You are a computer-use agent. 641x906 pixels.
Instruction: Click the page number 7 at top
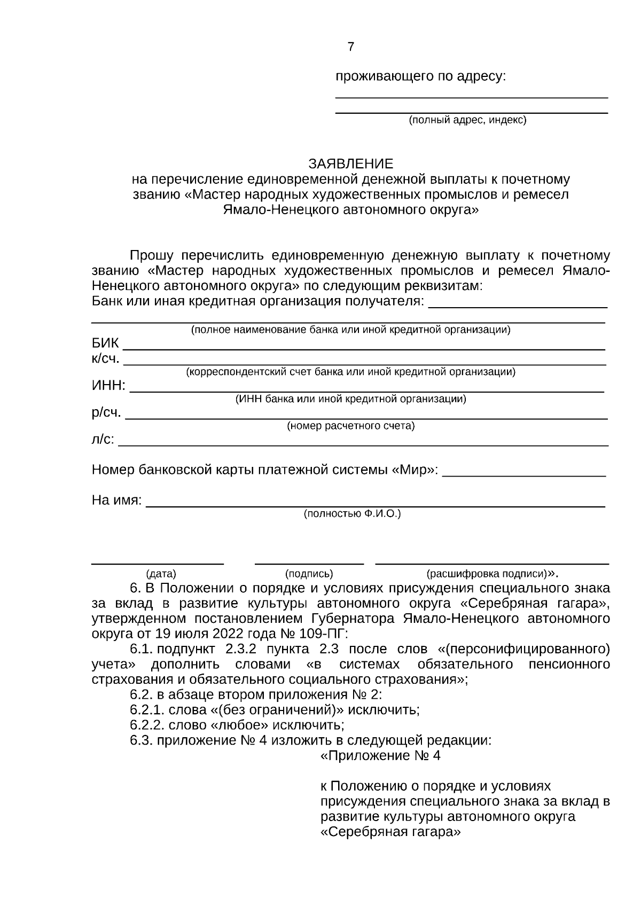[x=350, y=47]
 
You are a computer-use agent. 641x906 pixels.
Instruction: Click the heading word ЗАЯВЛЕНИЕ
[x=350, y=163]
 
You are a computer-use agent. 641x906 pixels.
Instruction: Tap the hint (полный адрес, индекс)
[x=467, y=120]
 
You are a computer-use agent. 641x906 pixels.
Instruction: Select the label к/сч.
[x=105, y=358]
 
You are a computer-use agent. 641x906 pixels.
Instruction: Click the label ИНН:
[x=109, y=386]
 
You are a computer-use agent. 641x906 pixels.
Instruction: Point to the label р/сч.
[x=106, y=412]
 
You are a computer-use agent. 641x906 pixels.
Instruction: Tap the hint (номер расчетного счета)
[x=350, y=426]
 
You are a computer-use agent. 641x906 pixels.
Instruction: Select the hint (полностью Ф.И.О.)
[x=352, y=514]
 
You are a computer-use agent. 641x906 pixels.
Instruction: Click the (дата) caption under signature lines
[x=161, y=574]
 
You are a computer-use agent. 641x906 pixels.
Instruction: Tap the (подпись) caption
[x=309, y=574]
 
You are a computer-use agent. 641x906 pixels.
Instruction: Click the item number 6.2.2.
[x=147, y=725]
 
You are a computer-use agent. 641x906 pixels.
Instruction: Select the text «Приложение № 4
[x=380, y=756]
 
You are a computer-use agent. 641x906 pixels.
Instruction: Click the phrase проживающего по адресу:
[x=420, y=76]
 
